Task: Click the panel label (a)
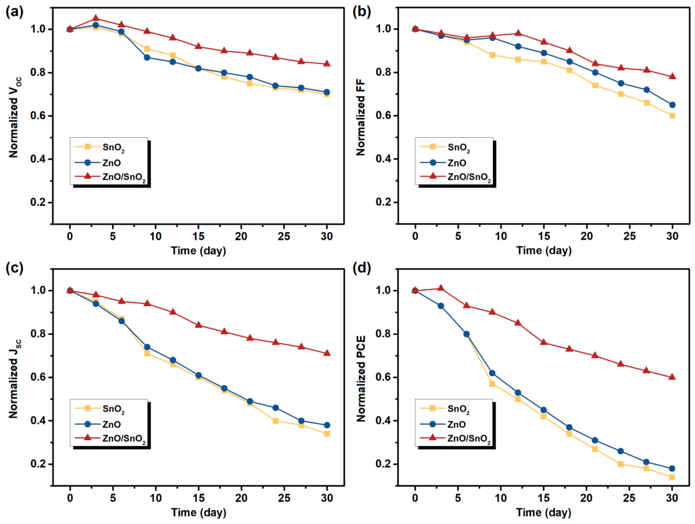coord(14,12)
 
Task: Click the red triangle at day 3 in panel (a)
coord(96,19)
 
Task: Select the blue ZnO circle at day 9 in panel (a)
coord(147,57)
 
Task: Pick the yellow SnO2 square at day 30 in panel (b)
coord(672,116)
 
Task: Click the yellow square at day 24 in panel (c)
coord(276,421)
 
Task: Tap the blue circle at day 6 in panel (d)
coord(467,334)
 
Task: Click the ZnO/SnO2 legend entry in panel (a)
coord(124,177)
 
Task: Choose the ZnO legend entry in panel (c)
coord(112,424)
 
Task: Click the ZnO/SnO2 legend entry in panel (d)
coord(469,438)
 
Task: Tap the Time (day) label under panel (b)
coord(544,251)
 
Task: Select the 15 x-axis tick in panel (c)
coord(198,498)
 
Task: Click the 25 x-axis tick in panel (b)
coord(629,236)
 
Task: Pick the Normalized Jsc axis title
coord(14,379)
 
